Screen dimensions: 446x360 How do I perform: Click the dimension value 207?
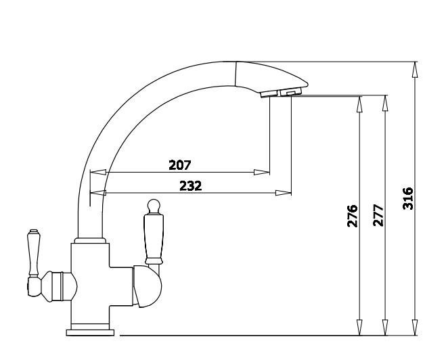[x=180, y=165]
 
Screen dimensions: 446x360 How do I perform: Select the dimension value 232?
[x=191, y=186]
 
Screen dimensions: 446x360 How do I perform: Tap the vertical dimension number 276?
[x=353, y=216]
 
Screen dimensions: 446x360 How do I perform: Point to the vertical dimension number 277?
[x=378, y=215]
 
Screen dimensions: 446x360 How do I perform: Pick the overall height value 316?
[x=408, y=198]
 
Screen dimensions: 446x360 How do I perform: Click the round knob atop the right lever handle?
[x=154, y=205]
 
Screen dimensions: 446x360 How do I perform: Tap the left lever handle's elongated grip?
[x=34, y=252]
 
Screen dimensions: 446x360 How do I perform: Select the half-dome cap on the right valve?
[x=147, y=287]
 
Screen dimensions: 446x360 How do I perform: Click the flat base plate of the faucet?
[x=90, y=332]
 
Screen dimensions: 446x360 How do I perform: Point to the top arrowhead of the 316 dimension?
[x=415, y=70]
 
